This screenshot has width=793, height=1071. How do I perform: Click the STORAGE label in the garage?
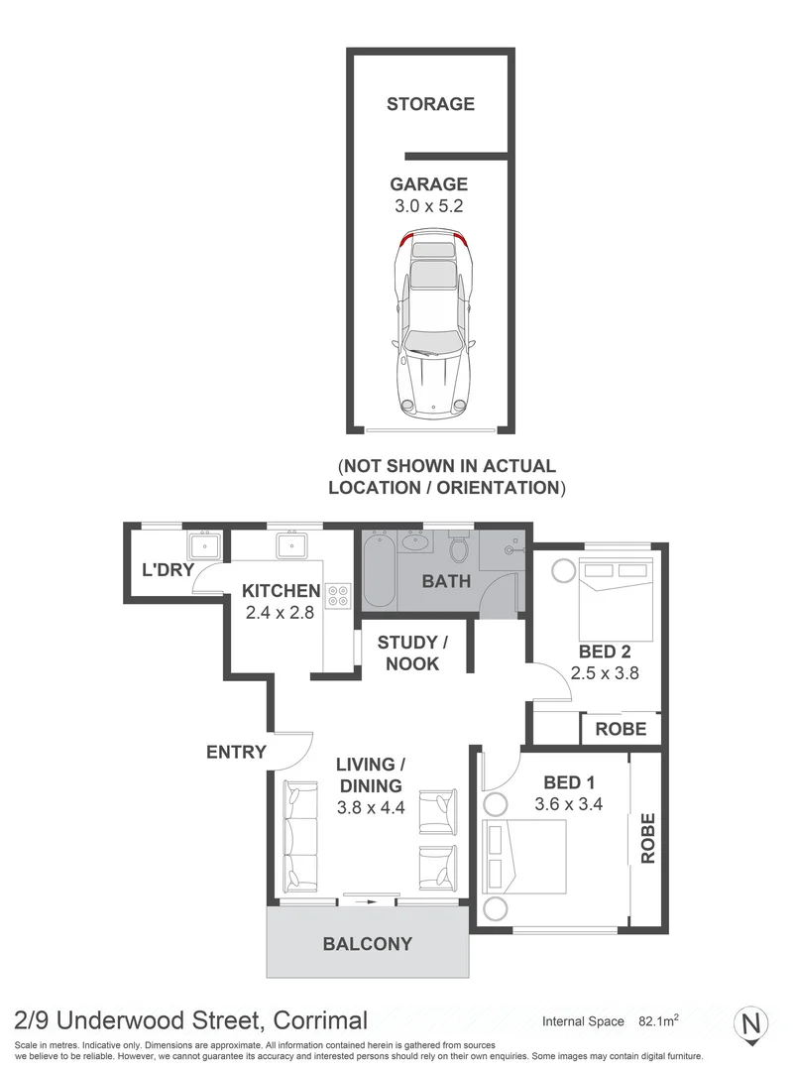tap(430, 103)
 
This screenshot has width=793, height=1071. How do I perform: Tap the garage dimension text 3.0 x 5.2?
tap(428, 206)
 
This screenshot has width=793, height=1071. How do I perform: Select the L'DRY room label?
tap(167, 569)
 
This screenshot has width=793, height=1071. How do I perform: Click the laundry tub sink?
tap(206, 545)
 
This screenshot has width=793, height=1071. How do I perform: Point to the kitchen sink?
tap(293, 545)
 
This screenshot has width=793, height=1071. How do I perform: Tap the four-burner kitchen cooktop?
tap(338, 594)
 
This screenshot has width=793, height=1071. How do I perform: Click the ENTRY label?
tap(236, 752)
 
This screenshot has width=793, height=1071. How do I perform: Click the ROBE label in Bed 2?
tap(621, 729)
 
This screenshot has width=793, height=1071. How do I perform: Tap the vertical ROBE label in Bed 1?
tap(648, 838)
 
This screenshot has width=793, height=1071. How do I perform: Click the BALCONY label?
tap(367, 944)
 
